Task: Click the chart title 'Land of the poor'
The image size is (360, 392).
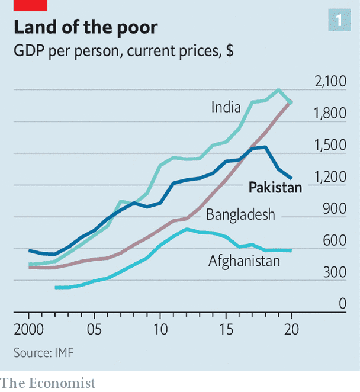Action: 85,28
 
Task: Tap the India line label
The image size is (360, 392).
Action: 226,107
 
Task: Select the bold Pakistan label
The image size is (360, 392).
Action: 275,188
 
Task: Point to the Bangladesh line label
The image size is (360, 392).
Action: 240,214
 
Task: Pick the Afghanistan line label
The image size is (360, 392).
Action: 244,260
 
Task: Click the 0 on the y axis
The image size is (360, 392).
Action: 342,304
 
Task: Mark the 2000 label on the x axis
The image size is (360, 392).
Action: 28,328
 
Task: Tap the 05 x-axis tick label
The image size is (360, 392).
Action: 94,328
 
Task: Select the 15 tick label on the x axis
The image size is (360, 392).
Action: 226,328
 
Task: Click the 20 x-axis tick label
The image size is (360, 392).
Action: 291,328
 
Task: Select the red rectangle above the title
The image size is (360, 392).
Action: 30,5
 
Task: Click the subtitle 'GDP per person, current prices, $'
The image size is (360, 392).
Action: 123,52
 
